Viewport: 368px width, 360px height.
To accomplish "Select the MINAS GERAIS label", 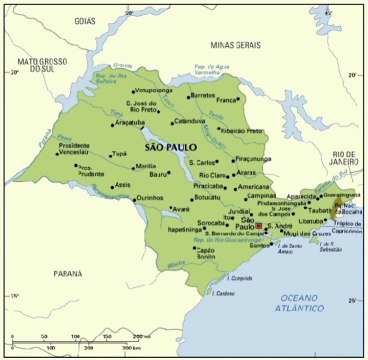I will (235, 45).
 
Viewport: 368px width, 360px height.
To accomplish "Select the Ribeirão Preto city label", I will (240, 131).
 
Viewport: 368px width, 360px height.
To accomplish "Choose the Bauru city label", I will (157, 175).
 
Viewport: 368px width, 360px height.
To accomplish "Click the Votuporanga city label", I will (153, 90).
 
